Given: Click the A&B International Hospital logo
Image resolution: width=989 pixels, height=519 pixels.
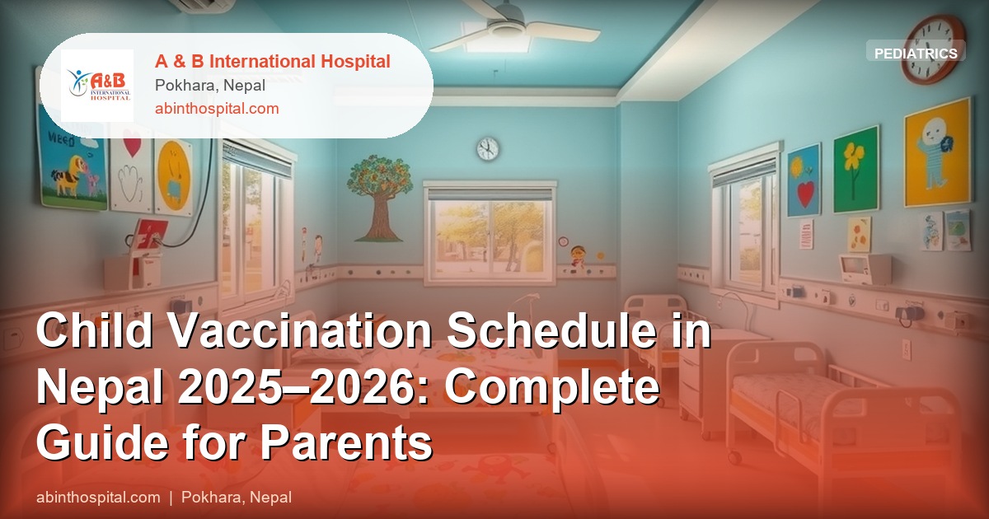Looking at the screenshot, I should coord(97,86).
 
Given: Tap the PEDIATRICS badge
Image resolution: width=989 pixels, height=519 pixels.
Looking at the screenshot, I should coord(916,53).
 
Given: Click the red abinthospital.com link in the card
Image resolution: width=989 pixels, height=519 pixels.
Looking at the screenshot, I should coord(217,108).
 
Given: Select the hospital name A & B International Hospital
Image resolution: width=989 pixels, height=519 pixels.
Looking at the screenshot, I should coord(273,61).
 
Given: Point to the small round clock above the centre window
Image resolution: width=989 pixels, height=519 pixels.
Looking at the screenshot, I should coord(488,148).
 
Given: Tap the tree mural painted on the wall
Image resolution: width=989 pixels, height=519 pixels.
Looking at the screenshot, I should coord(380,196).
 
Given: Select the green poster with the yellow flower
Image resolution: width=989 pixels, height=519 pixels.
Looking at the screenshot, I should coord(856,169).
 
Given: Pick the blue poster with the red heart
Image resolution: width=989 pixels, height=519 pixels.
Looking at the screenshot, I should coord(803,180).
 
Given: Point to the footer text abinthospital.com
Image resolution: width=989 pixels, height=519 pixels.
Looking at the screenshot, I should coord(98,498).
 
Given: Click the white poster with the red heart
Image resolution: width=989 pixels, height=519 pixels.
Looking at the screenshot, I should coord(132,169).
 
